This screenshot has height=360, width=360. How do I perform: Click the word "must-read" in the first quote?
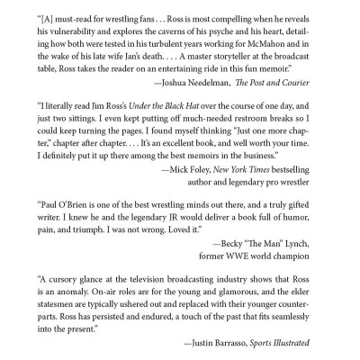pos(73,17)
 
